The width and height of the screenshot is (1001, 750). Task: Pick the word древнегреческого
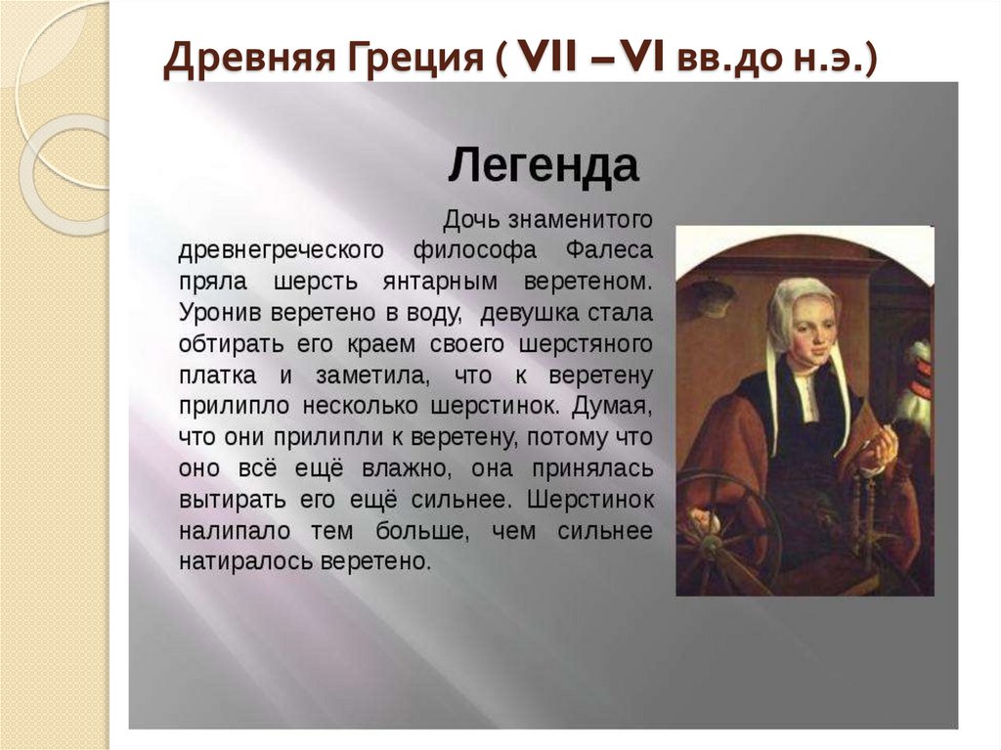279,249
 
